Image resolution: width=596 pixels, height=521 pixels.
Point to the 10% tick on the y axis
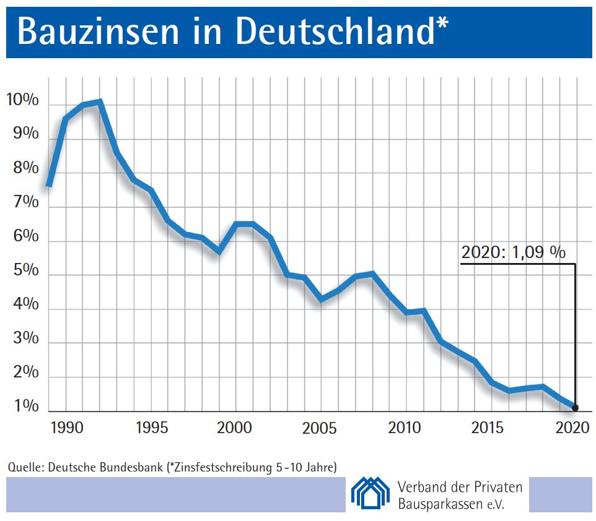22,100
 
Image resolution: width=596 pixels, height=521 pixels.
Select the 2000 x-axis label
235,428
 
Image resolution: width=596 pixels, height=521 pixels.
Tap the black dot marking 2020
576,408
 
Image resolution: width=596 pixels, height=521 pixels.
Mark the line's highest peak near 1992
100,101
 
